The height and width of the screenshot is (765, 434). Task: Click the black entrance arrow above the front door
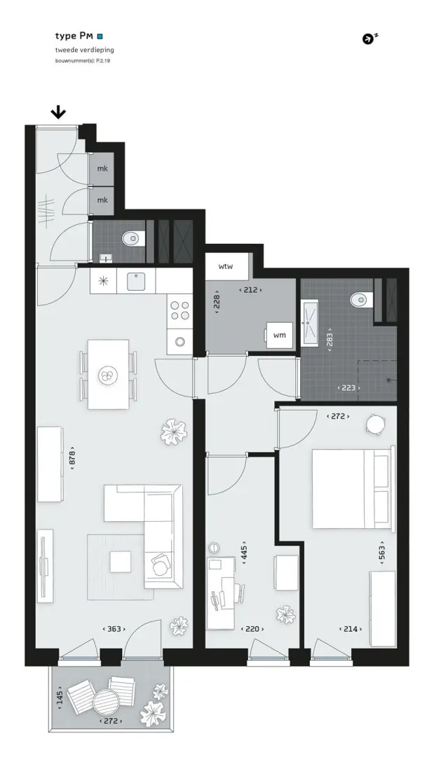tap(59, 113)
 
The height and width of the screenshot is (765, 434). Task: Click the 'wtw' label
tap(226, 266)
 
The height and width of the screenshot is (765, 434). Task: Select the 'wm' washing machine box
tap(279, 335)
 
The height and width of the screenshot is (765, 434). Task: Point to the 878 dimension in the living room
tap(72, 457)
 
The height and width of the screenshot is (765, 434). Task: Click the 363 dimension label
tap(114, 629)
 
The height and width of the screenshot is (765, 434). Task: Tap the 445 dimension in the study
tap(245, 552)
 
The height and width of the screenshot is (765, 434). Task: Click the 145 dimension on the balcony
tap(60, 700)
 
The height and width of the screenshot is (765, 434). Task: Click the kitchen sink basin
tap(137, 282)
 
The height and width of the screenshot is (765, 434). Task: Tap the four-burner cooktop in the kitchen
tap(179, 311)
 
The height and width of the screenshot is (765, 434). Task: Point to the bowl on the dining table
tap(107, 375)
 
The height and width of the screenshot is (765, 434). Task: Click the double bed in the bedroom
tap(352, 488)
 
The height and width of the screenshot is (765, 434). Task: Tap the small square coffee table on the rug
tap(120, 562)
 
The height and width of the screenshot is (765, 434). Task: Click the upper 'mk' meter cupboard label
tap(102, 169)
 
